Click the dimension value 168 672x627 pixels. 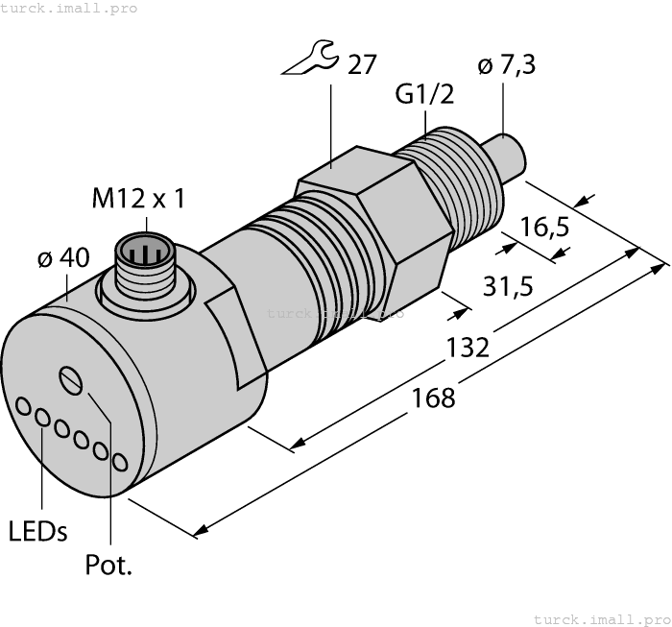point(435,397)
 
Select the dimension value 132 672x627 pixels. point(469,347)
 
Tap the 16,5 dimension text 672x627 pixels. point(546,227)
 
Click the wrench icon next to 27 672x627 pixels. point(310,63)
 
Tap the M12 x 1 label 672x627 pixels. point(138,199)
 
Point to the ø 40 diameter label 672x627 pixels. point(62,257)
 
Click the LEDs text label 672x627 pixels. point(37,531)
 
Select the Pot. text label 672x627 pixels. point(108,566)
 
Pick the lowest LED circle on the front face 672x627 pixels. point(118,462)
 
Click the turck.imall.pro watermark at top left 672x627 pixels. point(68,9)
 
